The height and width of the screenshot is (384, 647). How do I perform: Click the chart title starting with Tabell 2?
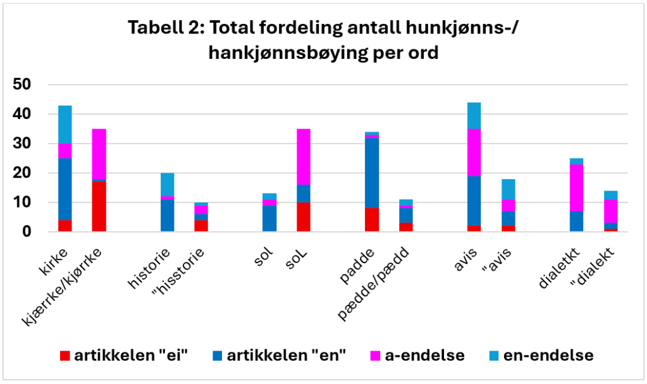[x=323, y=40]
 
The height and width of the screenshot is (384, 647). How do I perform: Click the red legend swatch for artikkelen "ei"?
[x=65, y=356]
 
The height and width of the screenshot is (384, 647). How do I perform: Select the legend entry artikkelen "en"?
[x=278, y=356]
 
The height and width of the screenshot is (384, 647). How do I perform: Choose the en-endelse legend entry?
[x=540, y=356]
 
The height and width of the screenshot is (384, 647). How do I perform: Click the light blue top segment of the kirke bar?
[x=65, y=125]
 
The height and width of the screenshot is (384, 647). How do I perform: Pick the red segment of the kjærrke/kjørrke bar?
[x=99, y=207]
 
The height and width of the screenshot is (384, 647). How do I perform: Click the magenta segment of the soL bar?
[x=303, y=157]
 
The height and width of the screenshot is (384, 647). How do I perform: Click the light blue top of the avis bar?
[x=474, y=115]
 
